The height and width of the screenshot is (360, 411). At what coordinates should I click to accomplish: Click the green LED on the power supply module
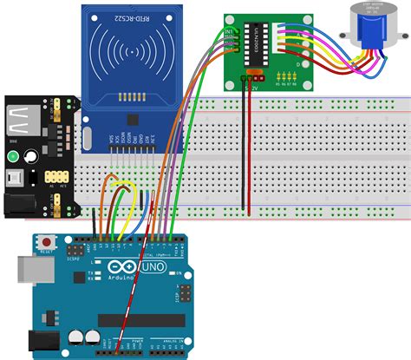point(13,157)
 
